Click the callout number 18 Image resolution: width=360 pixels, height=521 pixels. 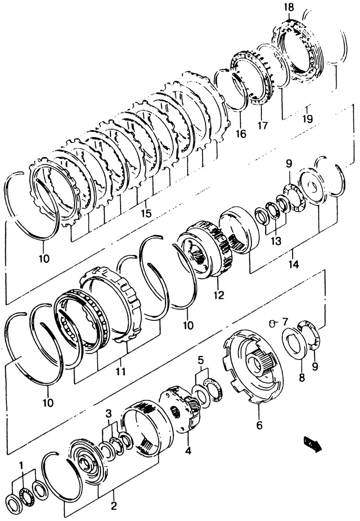pyautogui.click(x=289, y=7)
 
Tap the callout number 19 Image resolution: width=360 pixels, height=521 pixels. pyautogui.click(x=307, y=119)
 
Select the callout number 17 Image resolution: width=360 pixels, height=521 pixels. pyautogui.click(x=262, y=126)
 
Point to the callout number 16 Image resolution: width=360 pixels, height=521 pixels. pyautogui.click(x=241, y=134)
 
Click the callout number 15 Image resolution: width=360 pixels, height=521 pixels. pyautogui.click(x=146, y=213)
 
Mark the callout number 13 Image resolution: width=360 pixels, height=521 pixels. pyautogui.click(x=275, y=240)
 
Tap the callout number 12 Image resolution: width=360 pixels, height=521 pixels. pyautogui.click(x=220, y=294)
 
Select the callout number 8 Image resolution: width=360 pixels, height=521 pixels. pyautogui.click(x=302, y=377)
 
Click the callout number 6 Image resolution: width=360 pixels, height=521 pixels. pyautogui.click(x=259, y=425)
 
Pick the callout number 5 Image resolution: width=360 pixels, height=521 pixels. pyautogui.click(x=200, y=360)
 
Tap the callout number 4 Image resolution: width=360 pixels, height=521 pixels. pyautogui.click(x=188, y=451)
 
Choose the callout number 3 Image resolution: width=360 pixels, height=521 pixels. pyautogui.click(x=108, y=413)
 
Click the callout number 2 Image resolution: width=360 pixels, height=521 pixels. pyautogui.click(x=114, y=506)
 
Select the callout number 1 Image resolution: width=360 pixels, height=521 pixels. pyautogui.click(x=21, y=466)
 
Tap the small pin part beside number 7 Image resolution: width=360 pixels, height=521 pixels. pyautogui.click(x=272, y=323)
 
